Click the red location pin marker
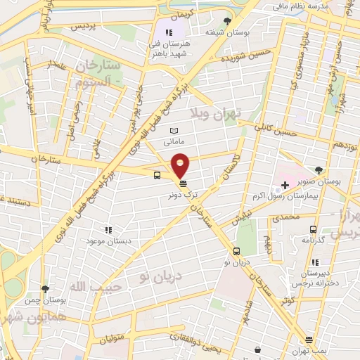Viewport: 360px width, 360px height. pos(181,165)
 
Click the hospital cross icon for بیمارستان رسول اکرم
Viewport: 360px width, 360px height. pos(284,186)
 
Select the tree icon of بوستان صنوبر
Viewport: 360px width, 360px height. pos(320,169)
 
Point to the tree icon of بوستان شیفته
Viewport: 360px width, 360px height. pos(226,21)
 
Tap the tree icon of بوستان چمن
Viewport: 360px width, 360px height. pos(46,289)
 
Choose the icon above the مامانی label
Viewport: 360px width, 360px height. pos(174,131)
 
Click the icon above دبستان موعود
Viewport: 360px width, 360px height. pos(108,229)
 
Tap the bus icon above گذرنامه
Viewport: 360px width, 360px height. pos(313,229)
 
